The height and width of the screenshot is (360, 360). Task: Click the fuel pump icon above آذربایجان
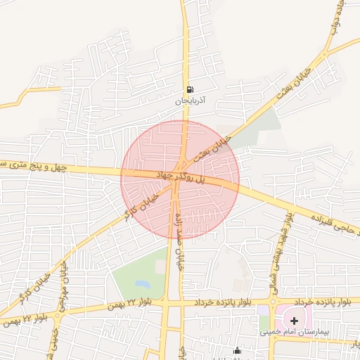pos(191,90)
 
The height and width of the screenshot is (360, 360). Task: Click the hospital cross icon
pos(294,321)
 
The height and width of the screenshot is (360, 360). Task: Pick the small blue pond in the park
pos(143,285)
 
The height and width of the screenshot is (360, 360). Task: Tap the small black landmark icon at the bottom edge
pos(237,352)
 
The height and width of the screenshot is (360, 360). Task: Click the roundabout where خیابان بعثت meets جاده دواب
pos(325,53)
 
